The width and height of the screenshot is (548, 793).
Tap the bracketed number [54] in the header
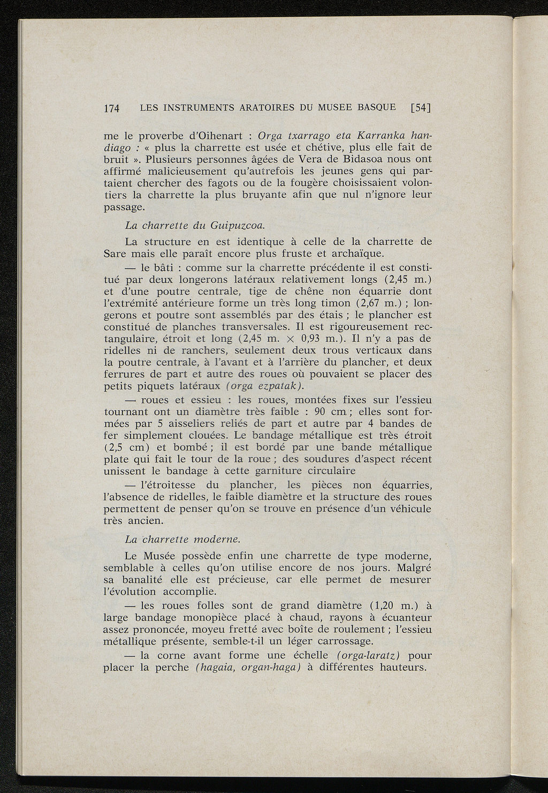pyautogui.click(x=420, y=107)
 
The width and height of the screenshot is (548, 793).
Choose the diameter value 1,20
pyautogui.click(x=382, y=605)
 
